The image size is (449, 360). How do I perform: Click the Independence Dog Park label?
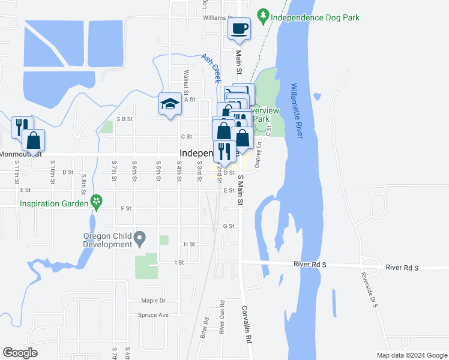(x=315, y=17)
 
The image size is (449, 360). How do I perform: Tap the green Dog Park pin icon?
(x=262, y=14)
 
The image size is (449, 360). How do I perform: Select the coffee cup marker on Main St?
(x=239, y=28)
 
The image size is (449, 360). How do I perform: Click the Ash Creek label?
(x=212, y=69)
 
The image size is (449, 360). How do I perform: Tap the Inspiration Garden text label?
(x=53, y=203)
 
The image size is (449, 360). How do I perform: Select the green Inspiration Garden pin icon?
(x=95, y=202)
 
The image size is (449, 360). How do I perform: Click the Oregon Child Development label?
(x=107, y=239)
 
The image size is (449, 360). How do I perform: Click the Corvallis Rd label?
(x=246, y=323)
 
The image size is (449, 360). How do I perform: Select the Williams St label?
(x=217, y=19)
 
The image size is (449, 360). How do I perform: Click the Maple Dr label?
(x=152, y=301)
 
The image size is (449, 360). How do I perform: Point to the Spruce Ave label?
(x=153, y=315)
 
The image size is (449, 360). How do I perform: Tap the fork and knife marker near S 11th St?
(x=19, y=127)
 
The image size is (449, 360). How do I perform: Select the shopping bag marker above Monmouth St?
(x=34, y=140)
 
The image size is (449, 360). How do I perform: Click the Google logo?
(x=20, y=352)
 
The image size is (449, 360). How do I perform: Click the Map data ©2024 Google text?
(x=411, y=355)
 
